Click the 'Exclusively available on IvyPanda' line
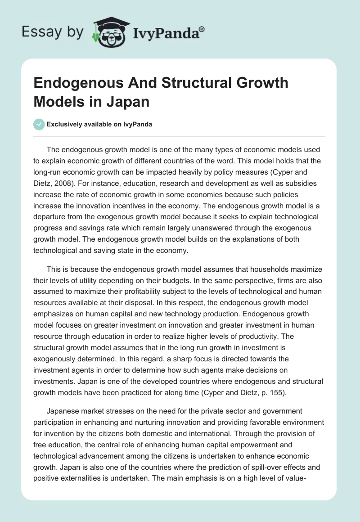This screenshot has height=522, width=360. [99, 124]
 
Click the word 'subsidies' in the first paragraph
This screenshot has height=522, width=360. [302, 184]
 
